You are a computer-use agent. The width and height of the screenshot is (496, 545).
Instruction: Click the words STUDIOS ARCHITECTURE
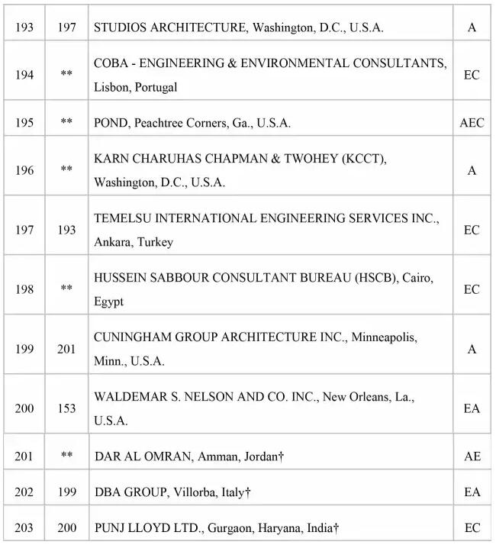pyautogui.click(x=170, y=27)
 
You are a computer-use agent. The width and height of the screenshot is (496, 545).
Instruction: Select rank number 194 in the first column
pyautogui.click(x=24, y=75)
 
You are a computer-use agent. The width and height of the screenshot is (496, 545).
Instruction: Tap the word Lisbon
pyautogui.click(x=111, y=87)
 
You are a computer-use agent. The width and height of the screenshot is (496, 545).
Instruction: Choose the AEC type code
pyautogui.click(x=472, y=123)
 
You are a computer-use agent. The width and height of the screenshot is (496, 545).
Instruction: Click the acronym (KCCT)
pyautogui.click(x=364, y=158)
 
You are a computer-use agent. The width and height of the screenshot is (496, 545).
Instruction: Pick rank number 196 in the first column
pyautogui.click(x=24, y=170)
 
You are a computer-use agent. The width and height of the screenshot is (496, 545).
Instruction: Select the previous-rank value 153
pyautogui.click(x=66, y=409)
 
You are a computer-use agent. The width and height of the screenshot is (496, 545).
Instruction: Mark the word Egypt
pyautogui.click(x=108, y=302)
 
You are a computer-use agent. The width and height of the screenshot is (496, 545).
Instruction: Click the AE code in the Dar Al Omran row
pyautogui.click(x=472, y=456)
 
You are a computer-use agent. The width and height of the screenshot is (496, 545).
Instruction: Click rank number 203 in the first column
pyautogui.click(x=24, y=527)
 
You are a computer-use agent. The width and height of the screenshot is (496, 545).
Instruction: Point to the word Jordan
pyautogui.click(x=259, y=456)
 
